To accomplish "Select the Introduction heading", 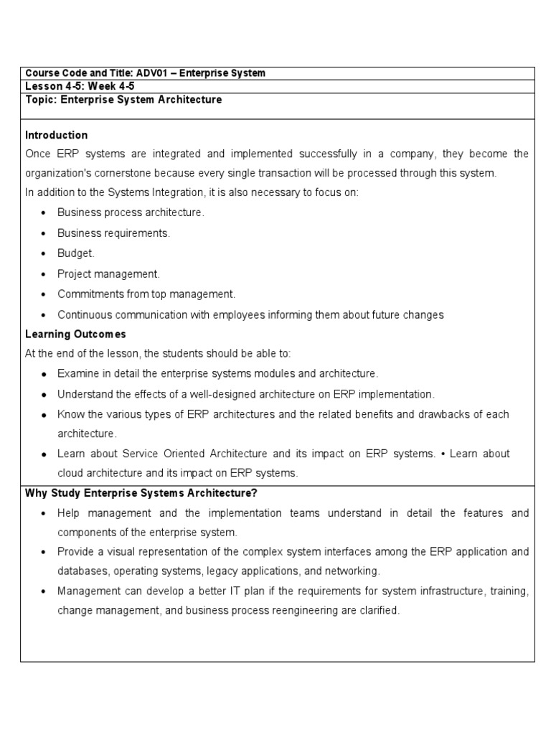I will tap(57, 135).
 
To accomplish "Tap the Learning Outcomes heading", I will tap(75, 334).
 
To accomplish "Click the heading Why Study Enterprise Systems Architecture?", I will tap(141, 492).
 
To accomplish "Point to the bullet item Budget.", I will tap(76, 253).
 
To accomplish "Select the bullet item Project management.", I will tap(109, 273).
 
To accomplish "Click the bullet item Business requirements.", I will tap(113, 233).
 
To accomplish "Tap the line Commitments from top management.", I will tap(146, 294).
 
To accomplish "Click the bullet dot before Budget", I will tap(44, 253).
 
